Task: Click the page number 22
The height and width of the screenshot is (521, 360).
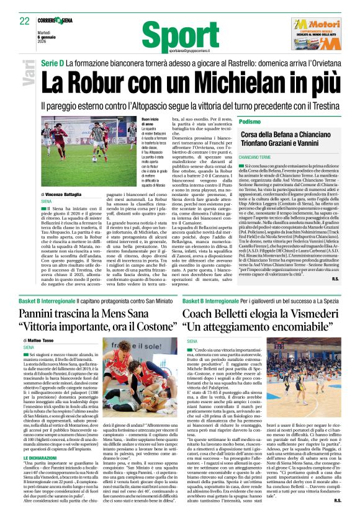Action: (24, 21)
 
